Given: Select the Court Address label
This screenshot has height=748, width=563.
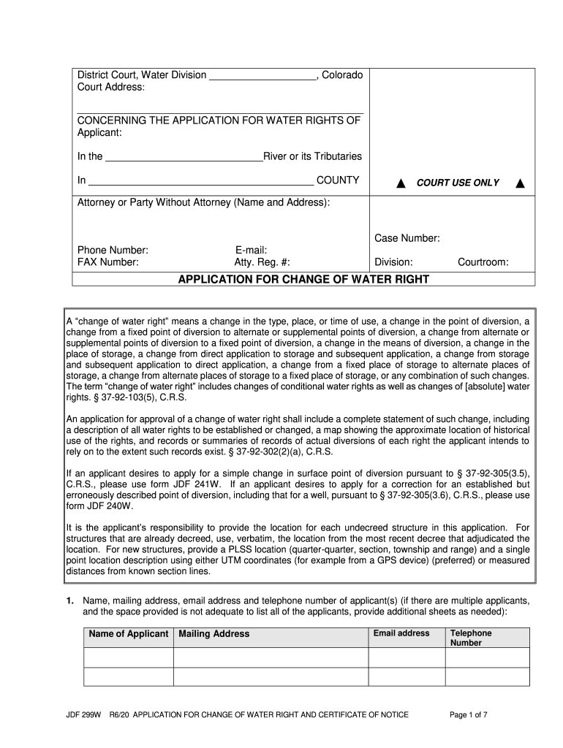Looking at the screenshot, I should point(111,88).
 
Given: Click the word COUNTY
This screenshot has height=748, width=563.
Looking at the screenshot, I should point(338,180).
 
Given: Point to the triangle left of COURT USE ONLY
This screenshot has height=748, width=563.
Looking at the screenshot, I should point(400,183).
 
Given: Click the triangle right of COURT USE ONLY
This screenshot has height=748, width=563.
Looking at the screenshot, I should point(520,183).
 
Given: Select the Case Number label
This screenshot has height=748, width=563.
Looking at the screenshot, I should point(407,238).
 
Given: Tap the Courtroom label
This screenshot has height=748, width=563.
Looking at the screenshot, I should point(483,262).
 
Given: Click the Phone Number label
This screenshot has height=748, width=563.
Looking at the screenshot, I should point(113,250).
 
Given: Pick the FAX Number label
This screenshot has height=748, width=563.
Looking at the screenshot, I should point(108,262).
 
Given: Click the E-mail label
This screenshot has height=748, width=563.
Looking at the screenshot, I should point(251,250).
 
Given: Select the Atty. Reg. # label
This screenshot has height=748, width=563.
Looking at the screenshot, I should point(262,262).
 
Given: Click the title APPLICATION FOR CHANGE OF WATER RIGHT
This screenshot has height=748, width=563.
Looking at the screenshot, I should point(304,279).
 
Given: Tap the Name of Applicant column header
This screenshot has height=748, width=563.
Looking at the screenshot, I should point(128,634).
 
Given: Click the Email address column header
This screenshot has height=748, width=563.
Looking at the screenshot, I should point(401,633).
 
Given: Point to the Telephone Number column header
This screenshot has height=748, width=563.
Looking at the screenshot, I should point(471,638).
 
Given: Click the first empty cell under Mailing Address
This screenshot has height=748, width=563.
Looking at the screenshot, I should point(270,658).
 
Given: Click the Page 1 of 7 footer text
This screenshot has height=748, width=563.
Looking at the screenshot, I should point(468,715).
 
